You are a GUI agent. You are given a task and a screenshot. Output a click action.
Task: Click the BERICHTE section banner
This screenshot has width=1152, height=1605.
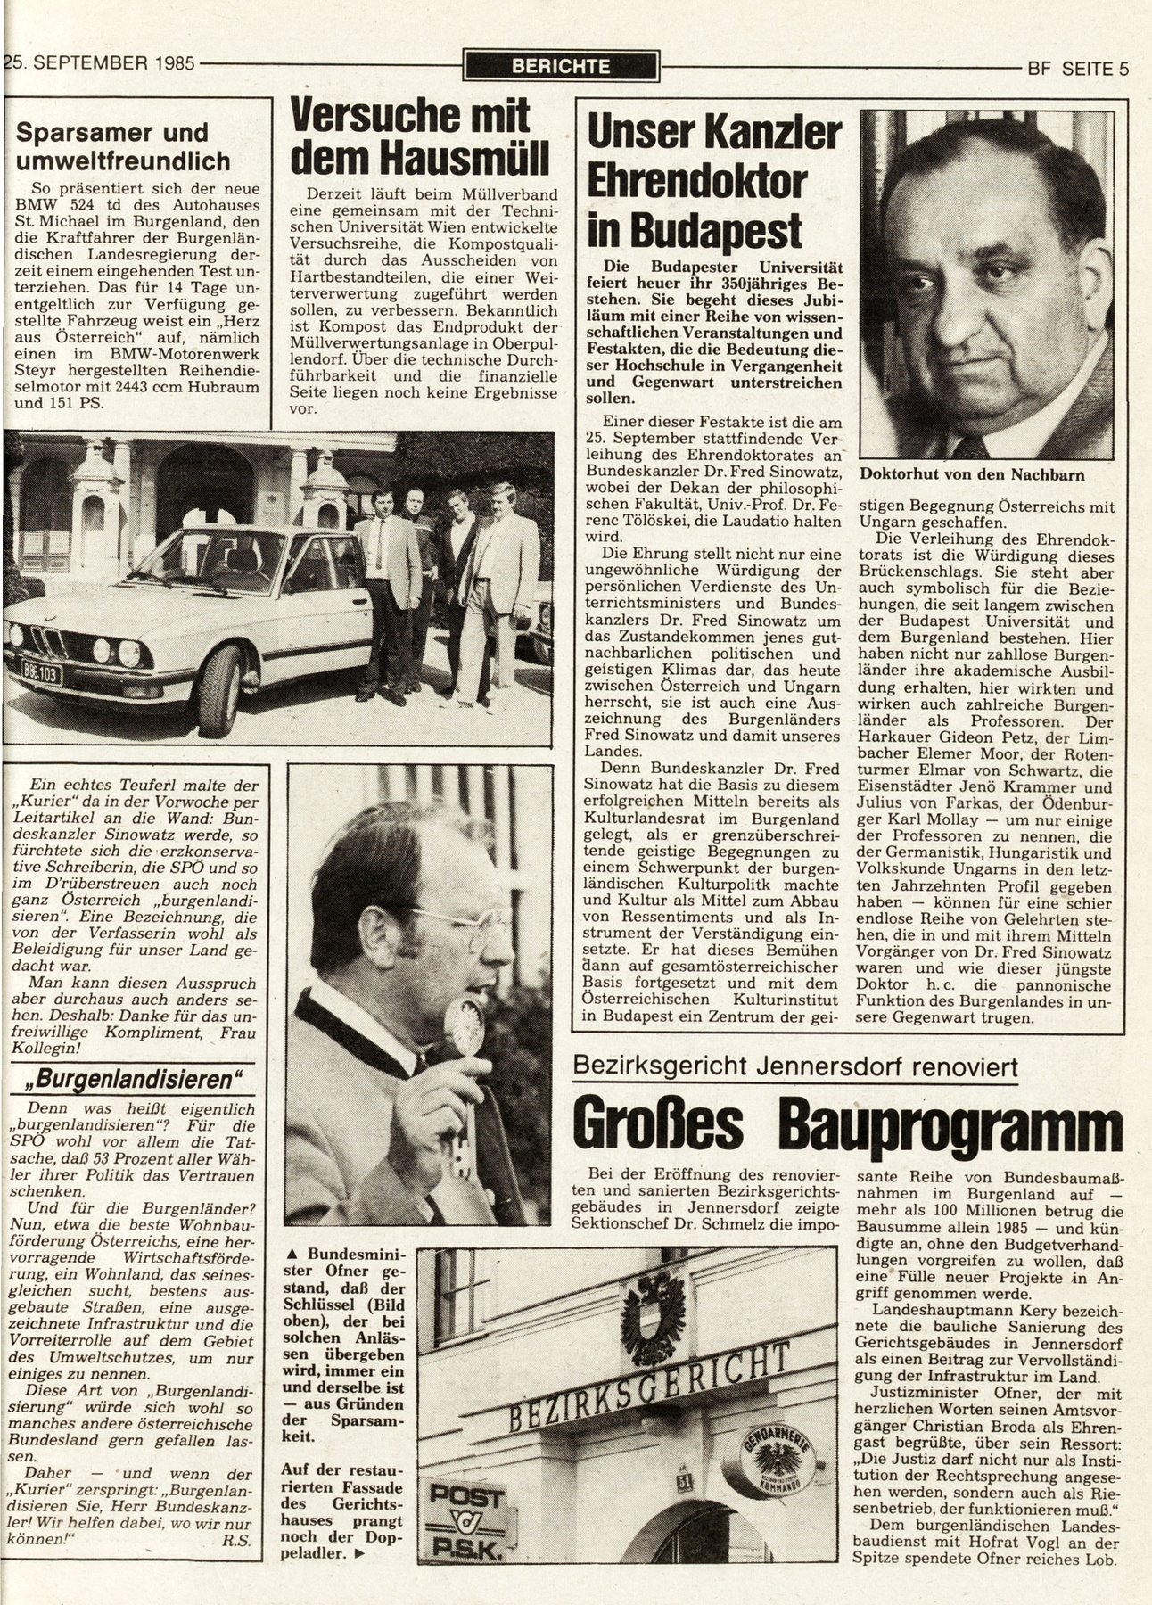click(561, 66)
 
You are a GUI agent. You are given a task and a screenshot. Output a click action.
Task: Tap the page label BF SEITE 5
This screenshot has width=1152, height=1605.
click(1077, 68)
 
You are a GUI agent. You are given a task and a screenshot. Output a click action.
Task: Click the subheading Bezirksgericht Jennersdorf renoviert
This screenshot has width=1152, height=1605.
click(797, 1066)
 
